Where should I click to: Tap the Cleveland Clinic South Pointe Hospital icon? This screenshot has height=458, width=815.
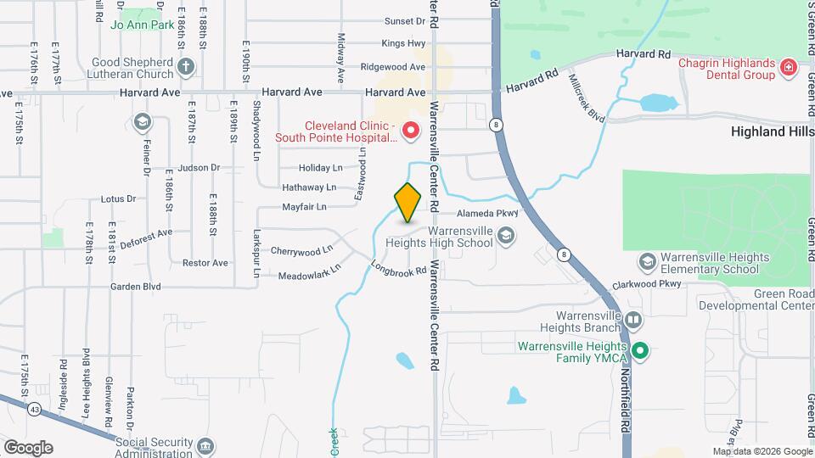click(x=411, y=131)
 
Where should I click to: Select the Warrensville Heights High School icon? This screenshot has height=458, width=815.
click(x=506, y=235)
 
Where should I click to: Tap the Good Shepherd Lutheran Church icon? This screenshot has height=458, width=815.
click(x=187, y=66)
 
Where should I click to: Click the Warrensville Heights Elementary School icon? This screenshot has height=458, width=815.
click(x=647, y=260)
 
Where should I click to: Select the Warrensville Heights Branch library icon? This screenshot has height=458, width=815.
click(x=634, y=320)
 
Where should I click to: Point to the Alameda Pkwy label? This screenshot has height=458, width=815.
click(x=488, y=214)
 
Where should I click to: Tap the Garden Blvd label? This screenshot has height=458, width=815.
click(x=136, y=287)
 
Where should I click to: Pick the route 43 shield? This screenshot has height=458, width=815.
click(x=34, y=410)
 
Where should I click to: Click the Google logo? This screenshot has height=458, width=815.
click(x=28, y=447)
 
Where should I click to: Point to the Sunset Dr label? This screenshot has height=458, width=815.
click(x=404, y=21)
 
